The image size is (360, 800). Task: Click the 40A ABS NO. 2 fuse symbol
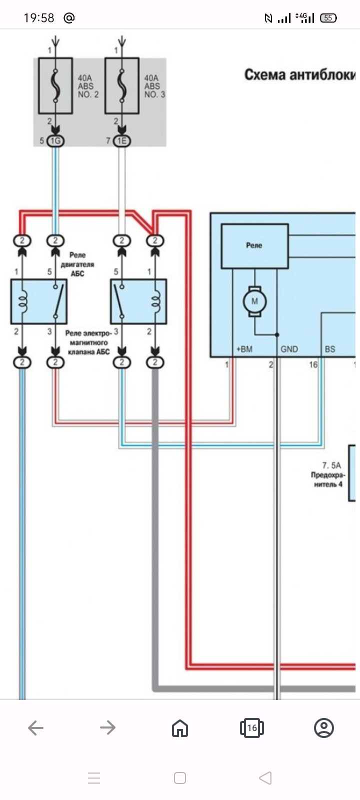[55, 85]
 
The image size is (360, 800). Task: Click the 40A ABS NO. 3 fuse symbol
[121, 85]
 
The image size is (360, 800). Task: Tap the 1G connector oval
[55, 141]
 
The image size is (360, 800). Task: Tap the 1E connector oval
[121, 141]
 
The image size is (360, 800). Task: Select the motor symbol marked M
[254, 301]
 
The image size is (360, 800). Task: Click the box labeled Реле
[254, 246]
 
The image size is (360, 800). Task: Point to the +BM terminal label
[244, 349]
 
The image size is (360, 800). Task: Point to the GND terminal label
[289, 349]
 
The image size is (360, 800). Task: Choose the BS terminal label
[330, 349]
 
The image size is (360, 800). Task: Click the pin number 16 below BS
[313, 364]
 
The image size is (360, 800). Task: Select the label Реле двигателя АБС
[77, 264]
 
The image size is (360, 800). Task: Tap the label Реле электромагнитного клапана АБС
[88, 342]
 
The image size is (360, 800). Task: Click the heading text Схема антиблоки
[299, 75]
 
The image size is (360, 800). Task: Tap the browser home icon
[180, 728]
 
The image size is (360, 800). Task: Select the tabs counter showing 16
[251, 728]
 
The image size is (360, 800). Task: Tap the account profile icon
[323, 728]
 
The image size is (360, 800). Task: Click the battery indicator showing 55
[328, 18]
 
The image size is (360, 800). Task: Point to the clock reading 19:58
[38, 18]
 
